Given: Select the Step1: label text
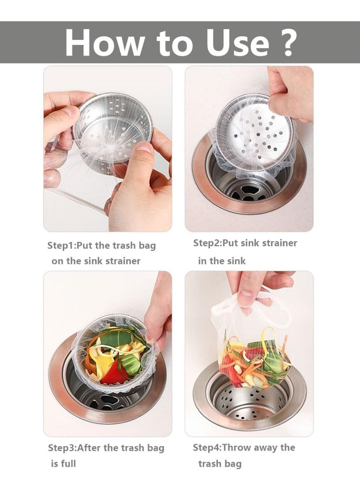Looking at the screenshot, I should click(x=62, y=246).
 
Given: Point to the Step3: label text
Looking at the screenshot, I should click(x=63, y=448).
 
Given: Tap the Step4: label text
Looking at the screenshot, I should click(x=207, y=448).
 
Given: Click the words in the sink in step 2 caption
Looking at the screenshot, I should click(x=222, y=261).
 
